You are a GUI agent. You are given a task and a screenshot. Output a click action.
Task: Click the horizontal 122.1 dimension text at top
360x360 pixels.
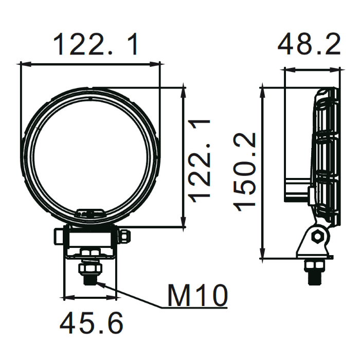pos(95,44)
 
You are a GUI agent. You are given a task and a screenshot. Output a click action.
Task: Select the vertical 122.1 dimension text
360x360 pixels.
pos(199,161)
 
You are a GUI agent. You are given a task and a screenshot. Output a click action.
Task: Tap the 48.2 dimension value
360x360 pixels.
pos(309,44)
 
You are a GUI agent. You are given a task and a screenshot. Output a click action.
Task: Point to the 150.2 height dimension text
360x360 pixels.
pos(244,172)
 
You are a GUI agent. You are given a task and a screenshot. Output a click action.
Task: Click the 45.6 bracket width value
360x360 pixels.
pos(92,323)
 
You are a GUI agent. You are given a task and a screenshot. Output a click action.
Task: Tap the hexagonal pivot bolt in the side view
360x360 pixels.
pos(317,236)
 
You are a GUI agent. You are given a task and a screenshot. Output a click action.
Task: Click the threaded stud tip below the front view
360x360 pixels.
pos(90,280)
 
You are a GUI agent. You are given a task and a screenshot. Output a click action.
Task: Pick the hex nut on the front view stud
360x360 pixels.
pos(90,268)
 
